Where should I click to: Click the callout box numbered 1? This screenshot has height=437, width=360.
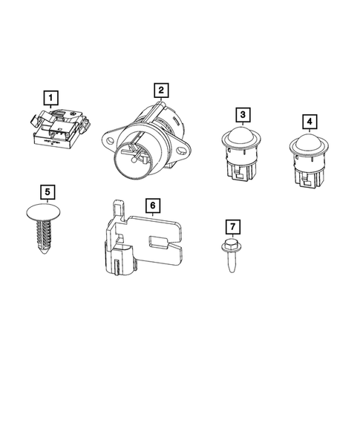[x=50, y=96]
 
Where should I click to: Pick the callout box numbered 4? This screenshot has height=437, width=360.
[x=308, y=121]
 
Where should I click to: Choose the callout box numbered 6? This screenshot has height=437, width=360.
[x=151, y=204]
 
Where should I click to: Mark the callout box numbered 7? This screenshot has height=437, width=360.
[x=232, y=226]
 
